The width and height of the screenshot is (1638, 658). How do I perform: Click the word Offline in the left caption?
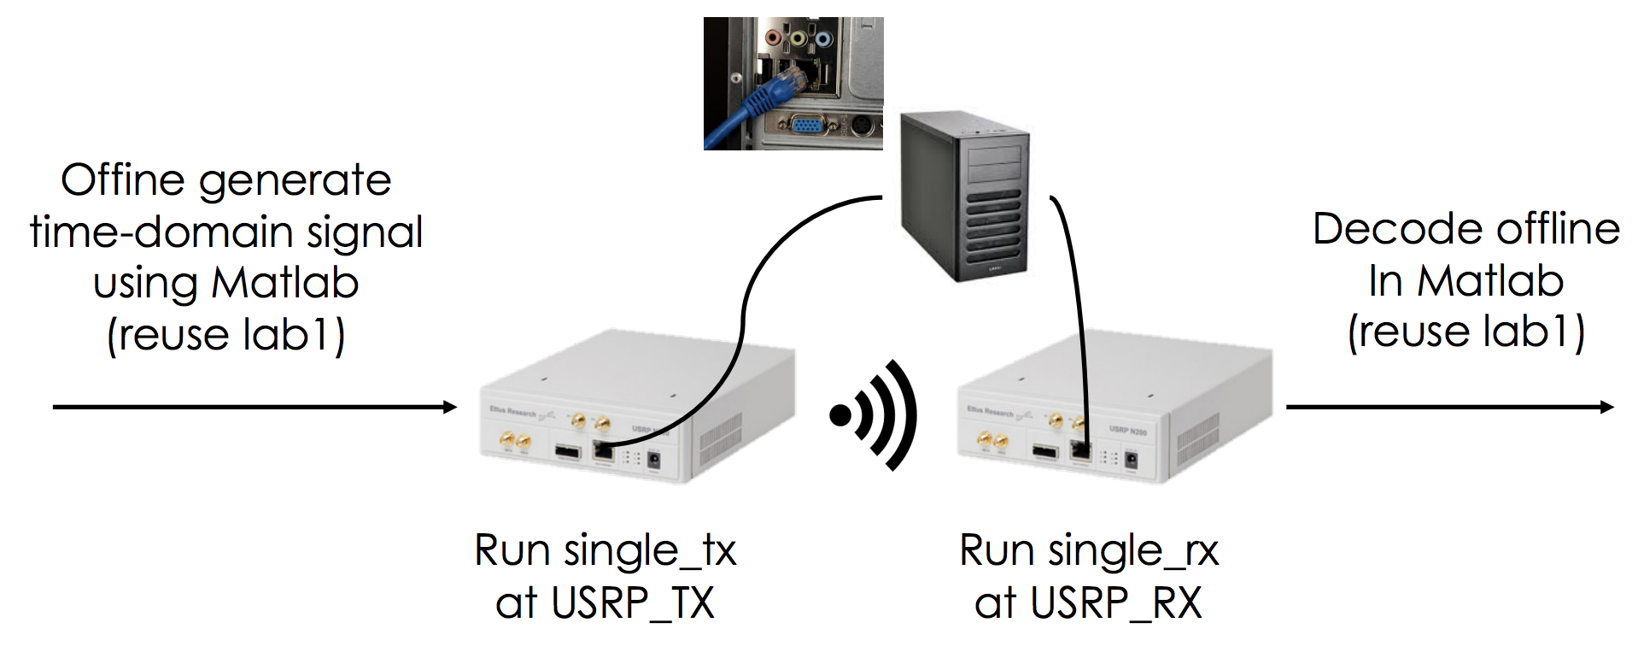coord(123,180)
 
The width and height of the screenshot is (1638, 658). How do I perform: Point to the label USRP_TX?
coord(632,603)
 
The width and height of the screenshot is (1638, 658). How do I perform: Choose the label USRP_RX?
coord(1115,603)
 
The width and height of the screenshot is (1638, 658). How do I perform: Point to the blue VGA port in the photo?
coord(804,127)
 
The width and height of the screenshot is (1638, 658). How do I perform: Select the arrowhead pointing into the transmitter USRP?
coord(451,407)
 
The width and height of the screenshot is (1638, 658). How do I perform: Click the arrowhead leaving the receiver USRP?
coord(1607,407)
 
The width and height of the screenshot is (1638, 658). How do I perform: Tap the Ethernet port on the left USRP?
coord(603,451)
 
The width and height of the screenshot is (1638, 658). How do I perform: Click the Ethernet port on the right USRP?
coord(1080,451)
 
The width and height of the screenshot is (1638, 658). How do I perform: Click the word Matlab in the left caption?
coord(285,284)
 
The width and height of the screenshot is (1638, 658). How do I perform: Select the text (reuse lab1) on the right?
coord(1465,332)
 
